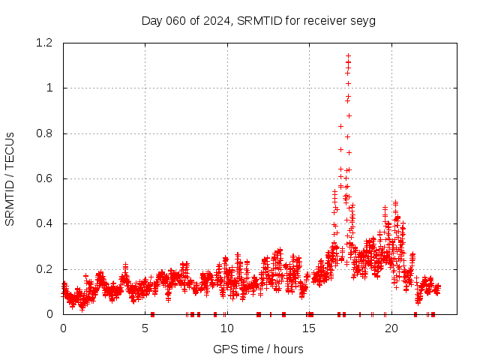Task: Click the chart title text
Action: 258,20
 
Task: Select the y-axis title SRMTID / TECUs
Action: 10,179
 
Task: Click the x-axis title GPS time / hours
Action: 258,349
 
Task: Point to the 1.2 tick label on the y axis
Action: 48,43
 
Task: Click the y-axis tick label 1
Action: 52,88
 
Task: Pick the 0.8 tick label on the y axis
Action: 48,133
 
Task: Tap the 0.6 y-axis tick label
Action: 48,178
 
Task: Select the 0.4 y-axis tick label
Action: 48,224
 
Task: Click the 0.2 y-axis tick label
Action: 48,269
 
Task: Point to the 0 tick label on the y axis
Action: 52,314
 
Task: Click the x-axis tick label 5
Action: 145,328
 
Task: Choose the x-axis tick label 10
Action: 226,328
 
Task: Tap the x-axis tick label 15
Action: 308,328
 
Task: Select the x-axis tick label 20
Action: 390,328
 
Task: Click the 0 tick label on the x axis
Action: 63,328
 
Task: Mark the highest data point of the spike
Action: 348,55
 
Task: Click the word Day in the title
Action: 152,20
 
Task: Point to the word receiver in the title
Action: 324,20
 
